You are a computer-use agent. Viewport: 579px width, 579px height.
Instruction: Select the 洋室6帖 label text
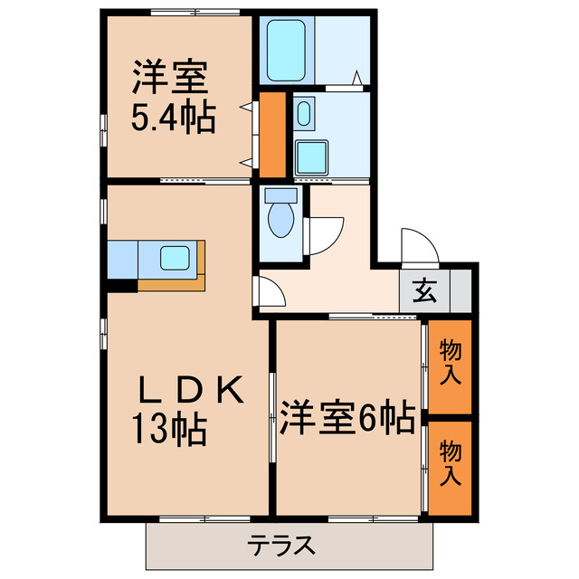tap(346, 417)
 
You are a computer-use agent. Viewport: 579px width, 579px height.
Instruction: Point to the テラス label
tap(282, 545)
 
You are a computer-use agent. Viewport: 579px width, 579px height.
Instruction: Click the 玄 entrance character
tap(423, 291)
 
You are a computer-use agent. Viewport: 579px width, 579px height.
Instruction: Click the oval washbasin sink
tap(303, 115)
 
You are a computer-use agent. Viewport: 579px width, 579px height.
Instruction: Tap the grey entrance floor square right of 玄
tap(459, 291)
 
